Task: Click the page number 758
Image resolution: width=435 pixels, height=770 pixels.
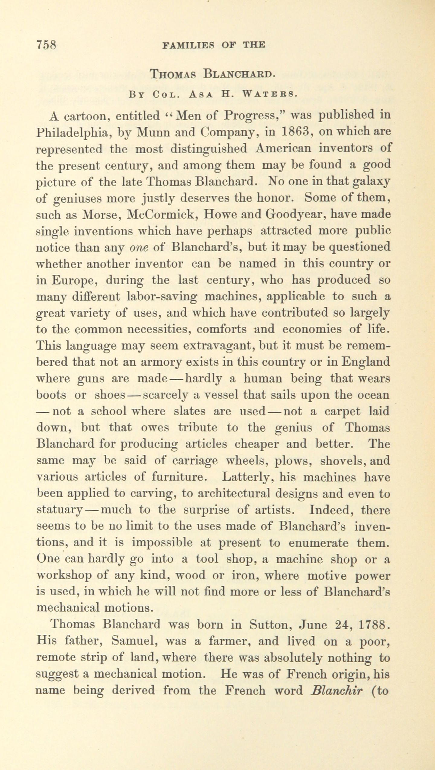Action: tap(46, 45)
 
